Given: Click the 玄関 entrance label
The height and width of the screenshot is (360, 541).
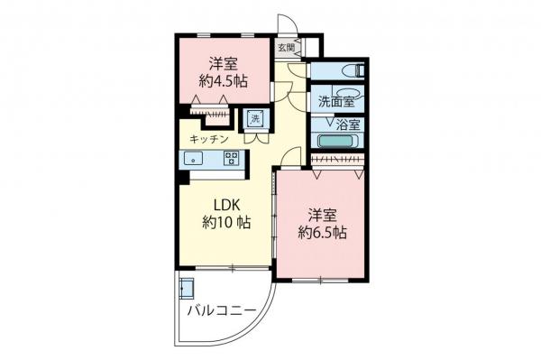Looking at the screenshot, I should (x=285, y=47).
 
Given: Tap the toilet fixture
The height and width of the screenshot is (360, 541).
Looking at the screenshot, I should (x=356, y=70).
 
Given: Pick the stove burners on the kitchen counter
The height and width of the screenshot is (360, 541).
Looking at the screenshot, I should (x=231, y=160).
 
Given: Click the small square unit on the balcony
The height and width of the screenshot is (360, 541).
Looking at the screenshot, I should (x=188, y=289).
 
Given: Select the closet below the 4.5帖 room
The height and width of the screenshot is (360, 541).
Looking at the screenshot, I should (x=210, y=112).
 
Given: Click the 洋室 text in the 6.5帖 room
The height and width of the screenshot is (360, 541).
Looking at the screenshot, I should (x=322, y=215).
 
